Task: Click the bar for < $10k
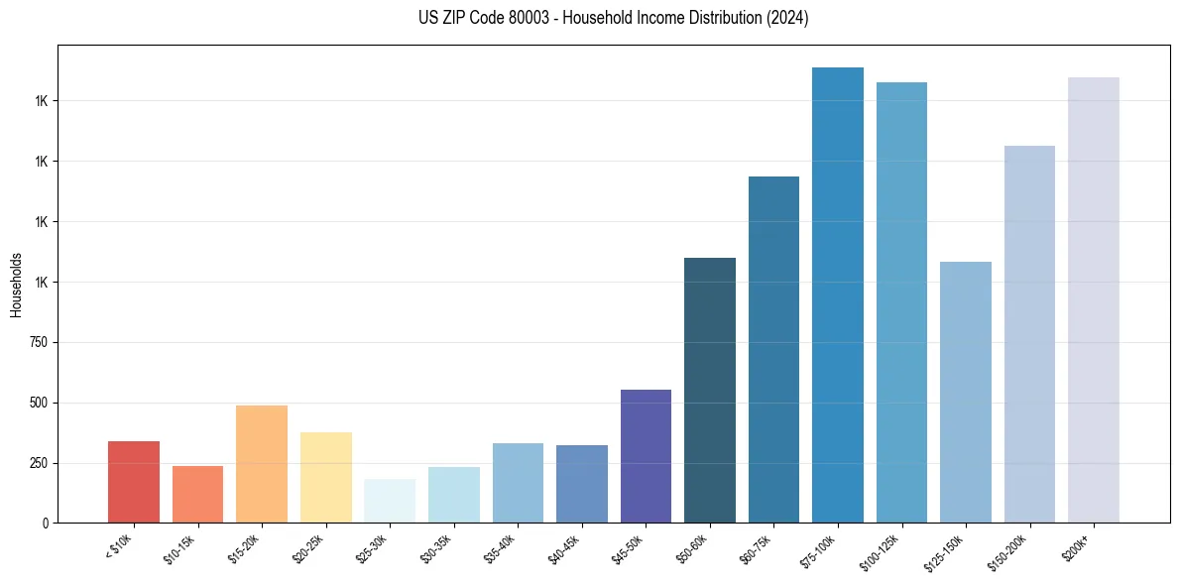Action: coord(134,482)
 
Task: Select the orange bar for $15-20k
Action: coord(262,464)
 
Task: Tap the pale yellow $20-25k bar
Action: coord(326,477)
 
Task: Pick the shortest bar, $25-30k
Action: coord(390,501)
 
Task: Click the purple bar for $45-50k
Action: coord(646,456)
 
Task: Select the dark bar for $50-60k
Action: coord(710,391)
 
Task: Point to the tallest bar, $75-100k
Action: coord(838,295)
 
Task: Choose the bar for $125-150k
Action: coord(966,393)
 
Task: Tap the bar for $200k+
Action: coord(1094,299)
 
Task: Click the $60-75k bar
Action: coord(773,349)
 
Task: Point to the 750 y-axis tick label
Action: coord(40,342)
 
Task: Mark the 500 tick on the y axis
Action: coord(40,403)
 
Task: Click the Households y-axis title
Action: coord(16,285)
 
